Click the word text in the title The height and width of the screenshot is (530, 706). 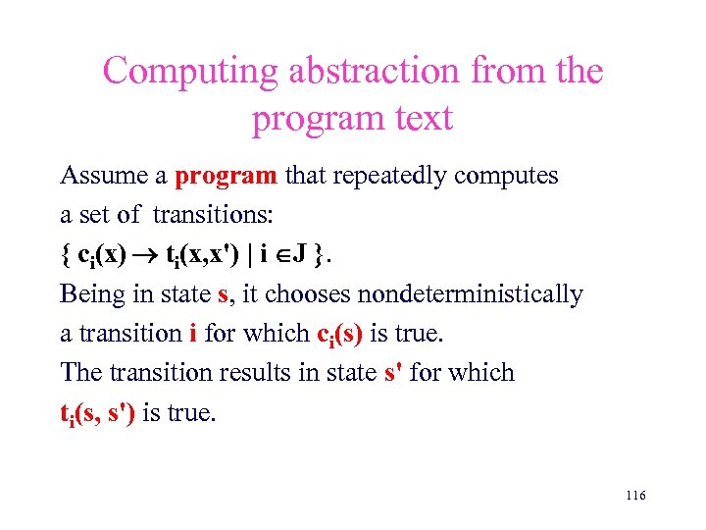tap(419, 118)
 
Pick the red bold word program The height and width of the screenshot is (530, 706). tap(226, 177)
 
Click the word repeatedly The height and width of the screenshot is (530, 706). tap(373, 177)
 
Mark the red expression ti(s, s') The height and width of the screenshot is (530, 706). tap(98, 413)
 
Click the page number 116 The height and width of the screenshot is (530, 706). tap(634, 496)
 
